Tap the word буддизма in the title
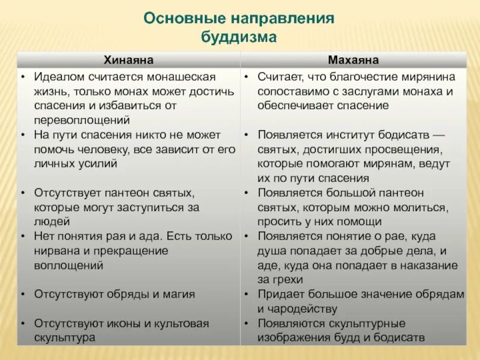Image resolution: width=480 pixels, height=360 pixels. click(239, 37)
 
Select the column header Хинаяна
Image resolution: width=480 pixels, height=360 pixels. click(128, 60)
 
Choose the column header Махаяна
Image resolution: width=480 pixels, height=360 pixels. click(353, 60)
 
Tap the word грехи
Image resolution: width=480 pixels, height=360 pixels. click(289, 280)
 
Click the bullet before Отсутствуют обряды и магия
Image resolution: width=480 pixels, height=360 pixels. click(22, 295)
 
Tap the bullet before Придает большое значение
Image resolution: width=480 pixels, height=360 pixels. click(247, 295)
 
